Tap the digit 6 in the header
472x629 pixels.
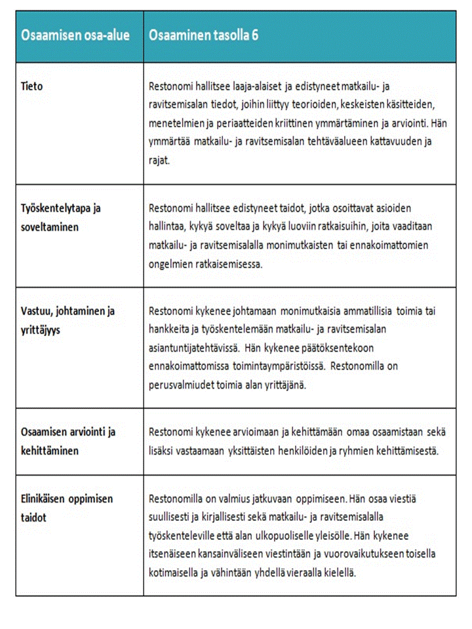click(x=254, y=36)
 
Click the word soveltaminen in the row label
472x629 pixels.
click(x=49, y=227)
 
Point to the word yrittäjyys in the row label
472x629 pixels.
click(x=41, y=330)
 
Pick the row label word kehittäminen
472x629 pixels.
click(x=50, y=451)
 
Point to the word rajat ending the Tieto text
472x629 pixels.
click(x=160, y=159)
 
